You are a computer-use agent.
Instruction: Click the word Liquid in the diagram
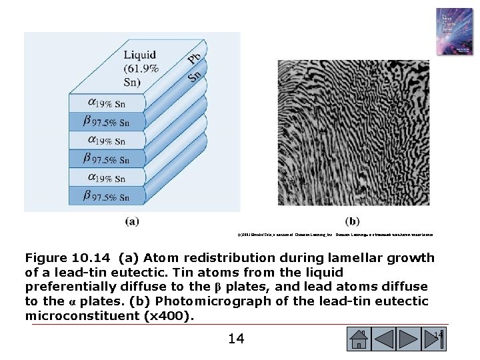coord(140,55)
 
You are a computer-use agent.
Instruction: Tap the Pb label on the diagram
coord(194,59)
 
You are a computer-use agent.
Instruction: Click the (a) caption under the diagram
coord(132,221)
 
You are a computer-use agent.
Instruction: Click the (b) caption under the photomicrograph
coord(353,221)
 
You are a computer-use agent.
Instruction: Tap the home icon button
coord(358,339)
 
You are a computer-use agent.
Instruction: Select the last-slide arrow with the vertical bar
coord(437,339)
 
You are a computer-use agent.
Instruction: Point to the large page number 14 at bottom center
coord(236,339)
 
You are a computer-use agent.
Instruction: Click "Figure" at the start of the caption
coord(47,258)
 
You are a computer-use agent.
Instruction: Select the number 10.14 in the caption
coord(94,258)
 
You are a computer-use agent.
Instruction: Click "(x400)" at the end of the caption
coord(169,315)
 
